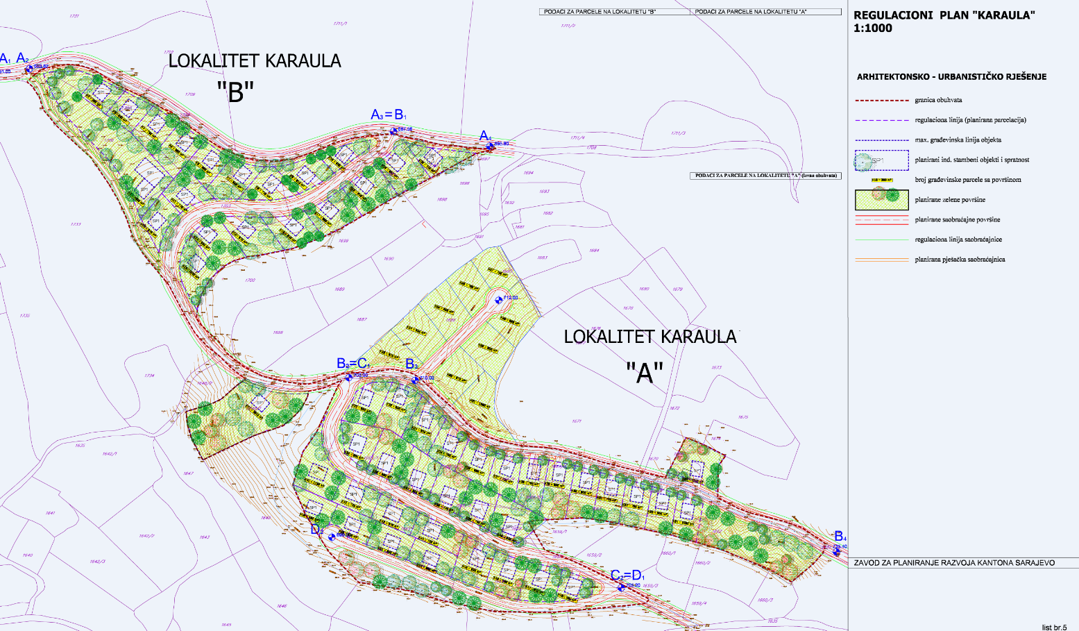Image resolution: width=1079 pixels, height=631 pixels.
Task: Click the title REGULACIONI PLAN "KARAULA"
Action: coord(944,16)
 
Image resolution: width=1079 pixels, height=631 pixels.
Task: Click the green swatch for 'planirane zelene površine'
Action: coord(881,199)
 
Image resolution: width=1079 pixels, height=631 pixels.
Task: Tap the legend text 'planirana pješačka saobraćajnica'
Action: coord(960,260)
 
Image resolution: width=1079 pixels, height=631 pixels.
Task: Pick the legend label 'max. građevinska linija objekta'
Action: coord(958,140)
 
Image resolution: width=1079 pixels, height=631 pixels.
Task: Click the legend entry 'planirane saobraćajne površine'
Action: coord(958,219)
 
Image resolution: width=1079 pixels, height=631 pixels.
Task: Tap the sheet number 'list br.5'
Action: coord(1054,627)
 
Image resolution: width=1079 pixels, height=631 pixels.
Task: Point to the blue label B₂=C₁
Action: coord(353,364)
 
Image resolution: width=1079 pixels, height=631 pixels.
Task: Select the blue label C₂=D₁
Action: coord(627,575)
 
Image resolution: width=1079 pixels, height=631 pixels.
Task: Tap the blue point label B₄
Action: coord(840,536)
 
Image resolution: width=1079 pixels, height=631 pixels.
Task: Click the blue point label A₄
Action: coord(485,136)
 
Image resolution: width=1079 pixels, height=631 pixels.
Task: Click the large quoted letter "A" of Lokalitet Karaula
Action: coord(645,373)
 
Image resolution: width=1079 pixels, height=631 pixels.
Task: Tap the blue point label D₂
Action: coord(316,530)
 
